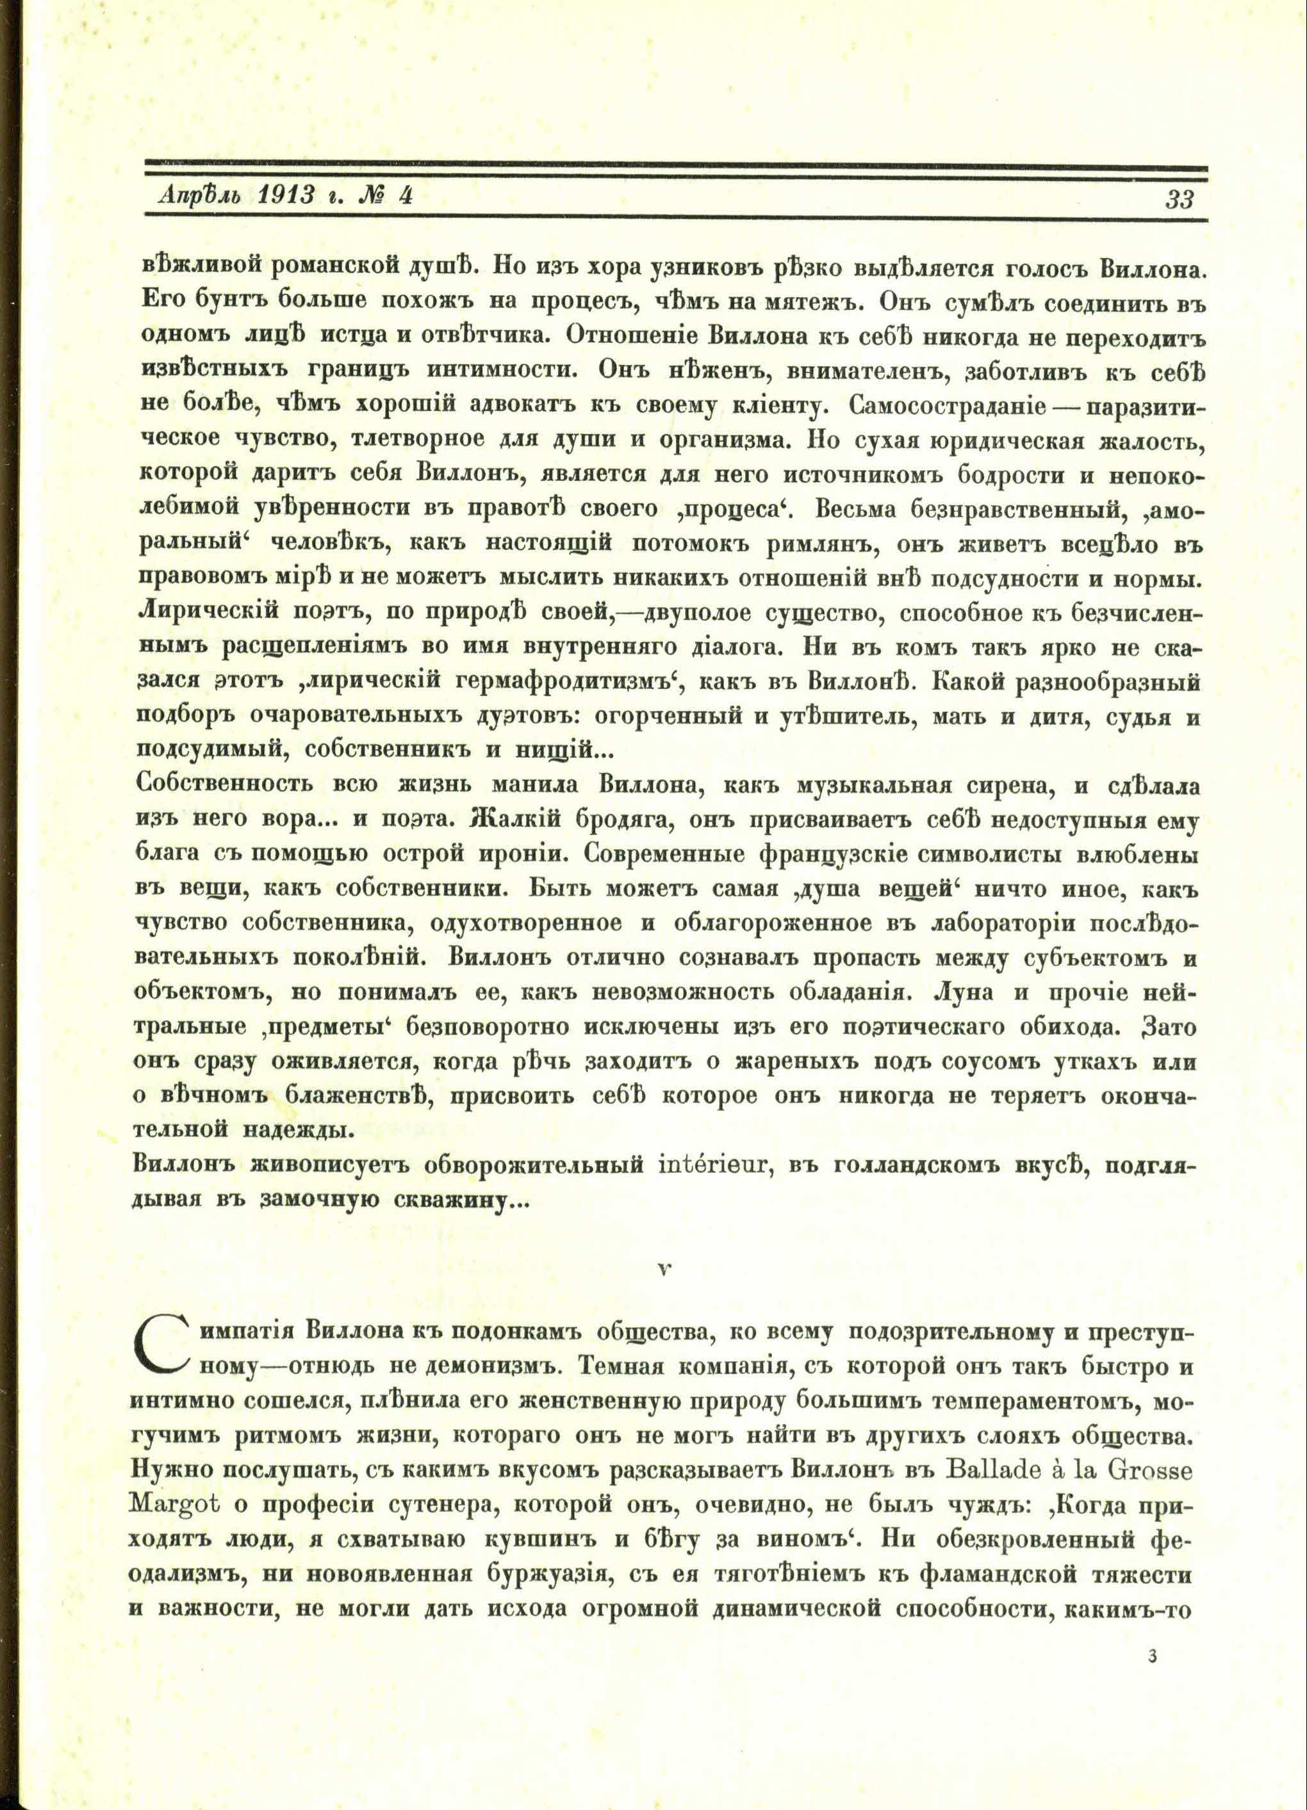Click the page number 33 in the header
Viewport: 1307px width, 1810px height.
(x=1180, y=198)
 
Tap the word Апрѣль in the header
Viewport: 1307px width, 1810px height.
(x=195, y=197)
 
